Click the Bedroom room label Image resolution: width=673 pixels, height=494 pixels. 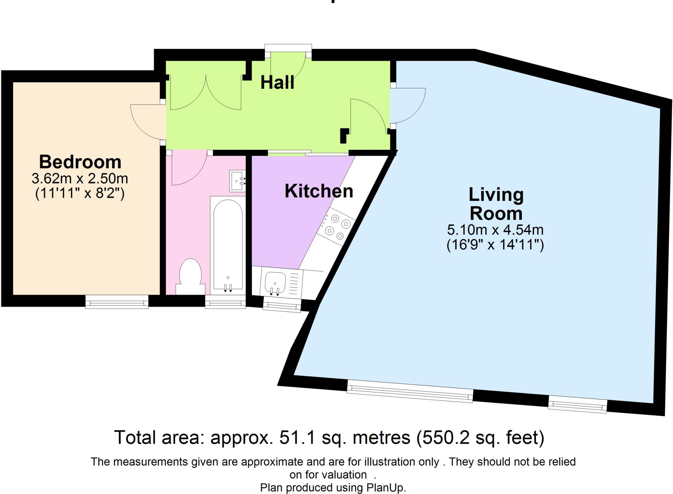pos(80,162)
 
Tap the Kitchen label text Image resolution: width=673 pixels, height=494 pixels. pos(319,191)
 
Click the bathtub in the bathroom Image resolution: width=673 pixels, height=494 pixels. pos(228,245)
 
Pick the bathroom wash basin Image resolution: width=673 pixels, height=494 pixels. pos(237,181)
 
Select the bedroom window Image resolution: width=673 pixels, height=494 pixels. pos(117,302)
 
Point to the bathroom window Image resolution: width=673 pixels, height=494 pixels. pos(225,302)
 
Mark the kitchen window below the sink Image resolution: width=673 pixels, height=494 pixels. pos(282,305)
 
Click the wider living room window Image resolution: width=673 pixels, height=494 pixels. pos(410,391)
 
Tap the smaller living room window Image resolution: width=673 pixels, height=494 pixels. pos(577,405)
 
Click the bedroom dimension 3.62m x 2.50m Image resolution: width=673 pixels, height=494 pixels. pos(80,178)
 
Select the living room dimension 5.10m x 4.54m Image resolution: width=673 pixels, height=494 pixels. pos(495,230)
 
